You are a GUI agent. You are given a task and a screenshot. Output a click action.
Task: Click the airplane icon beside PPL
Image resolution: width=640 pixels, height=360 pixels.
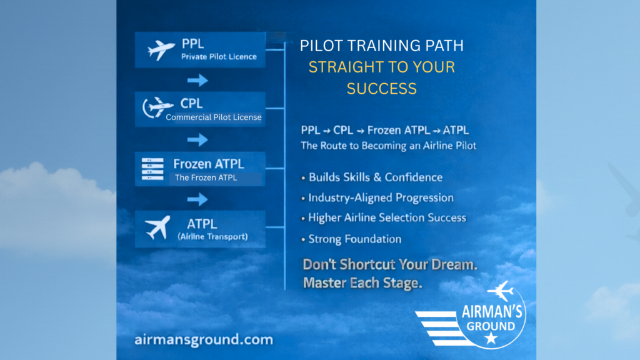[161, 50]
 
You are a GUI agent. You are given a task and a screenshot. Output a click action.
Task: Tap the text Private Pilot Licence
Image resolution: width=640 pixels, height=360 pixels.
[219, 57]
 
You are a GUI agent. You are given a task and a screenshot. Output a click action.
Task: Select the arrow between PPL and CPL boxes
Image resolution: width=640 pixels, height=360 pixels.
[197, 81]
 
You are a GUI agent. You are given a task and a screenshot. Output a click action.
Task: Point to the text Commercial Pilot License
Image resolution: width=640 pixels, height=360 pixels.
[214, 117]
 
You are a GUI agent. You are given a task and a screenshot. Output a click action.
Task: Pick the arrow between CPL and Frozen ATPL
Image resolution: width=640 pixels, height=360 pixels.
[197, 140]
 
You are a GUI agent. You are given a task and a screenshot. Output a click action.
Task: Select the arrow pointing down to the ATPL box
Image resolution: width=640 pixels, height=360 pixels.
[197, 199]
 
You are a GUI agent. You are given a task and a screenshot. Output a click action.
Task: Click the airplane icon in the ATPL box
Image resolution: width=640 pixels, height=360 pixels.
[157, 227]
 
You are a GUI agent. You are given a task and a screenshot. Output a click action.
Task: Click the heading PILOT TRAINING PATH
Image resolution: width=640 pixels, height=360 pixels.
[382, 46]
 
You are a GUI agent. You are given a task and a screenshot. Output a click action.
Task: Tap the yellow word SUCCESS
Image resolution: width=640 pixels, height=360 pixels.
[382, 89]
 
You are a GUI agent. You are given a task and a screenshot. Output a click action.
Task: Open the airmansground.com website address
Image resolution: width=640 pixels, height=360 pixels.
[204, 340]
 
